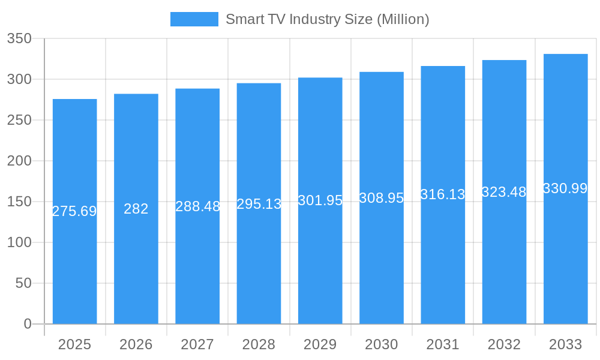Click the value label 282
136,209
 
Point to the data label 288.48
197,206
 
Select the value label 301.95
320,201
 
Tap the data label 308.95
382,198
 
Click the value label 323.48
504,192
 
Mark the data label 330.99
565,188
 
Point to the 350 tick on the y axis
19,38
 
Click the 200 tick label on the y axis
19,161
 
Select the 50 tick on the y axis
23,283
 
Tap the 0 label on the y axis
28,324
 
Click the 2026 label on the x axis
136,344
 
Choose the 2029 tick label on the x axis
320,344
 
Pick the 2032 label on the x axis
504,344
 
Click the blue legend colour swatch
194,19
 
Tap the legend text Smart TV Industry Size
327,19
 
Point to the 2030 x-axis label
382,344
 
